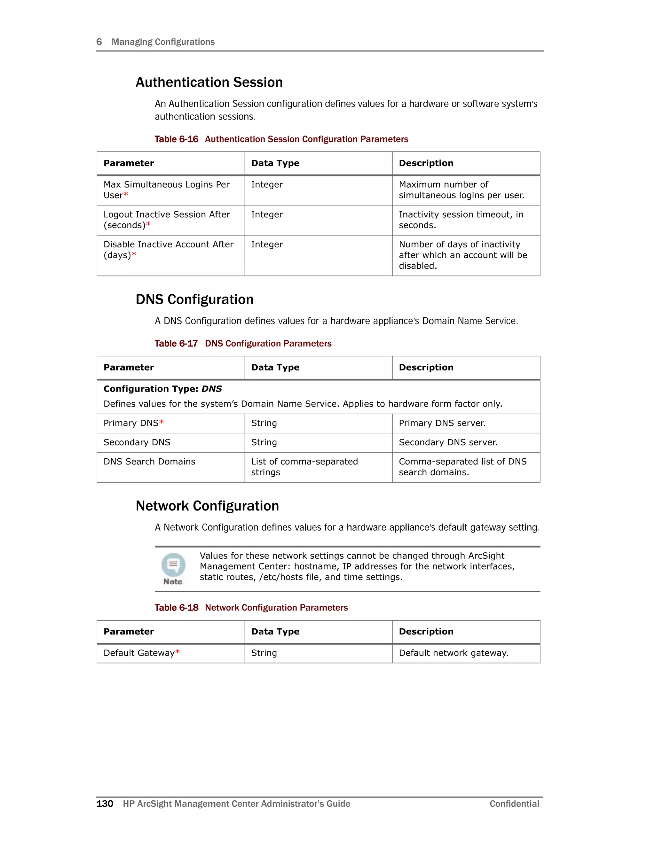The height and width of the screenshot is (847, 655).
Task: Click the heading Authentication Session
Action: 209,82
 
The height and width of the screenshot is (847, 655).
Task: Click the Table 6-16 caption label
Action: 176,139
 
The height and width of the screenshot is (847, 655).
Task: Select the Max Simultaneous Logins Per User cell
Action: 166,190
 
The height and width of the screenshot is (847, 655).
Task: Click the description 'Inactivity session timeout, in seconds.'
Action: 461,220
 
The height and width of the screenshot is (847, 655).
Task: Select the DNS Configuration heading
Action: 194,300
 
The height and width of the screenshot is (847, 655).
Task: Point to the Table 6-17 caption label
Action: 176,344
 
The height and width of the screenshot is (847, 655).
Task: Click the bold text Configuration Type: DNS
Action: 162,389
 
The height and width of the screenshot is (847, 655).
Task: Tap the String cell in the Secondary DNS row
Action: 264,442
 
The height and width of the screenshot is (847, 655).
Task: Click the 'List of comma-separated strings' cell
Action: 304,467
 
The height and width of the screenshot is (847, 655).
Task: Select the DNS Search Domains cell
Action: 149,462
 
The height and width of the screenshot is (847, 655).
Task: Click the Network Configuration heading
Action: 207,506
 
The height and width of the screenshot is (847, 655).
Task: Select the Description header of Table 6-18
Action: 426,632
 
